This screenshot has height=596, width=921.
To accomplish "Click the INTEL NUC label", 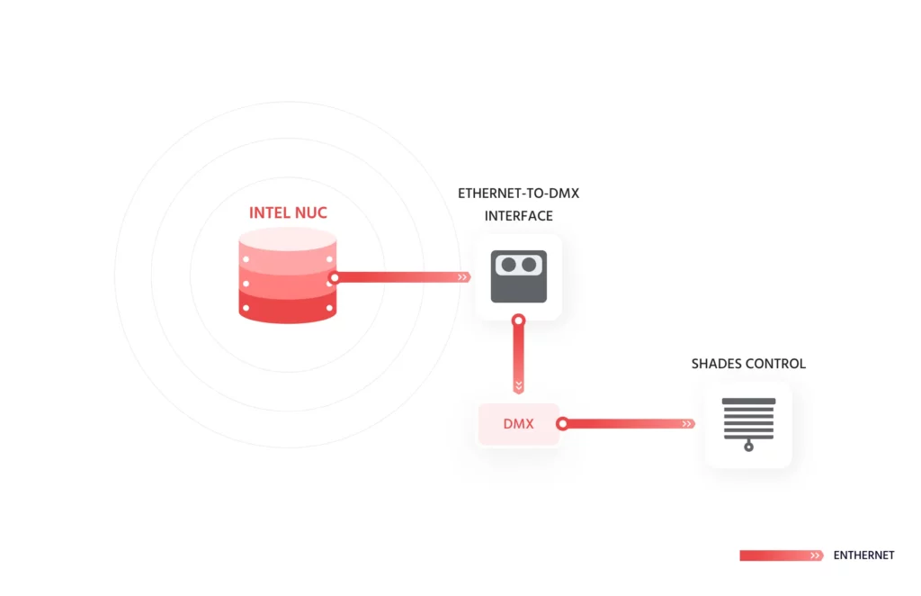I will point(288,213).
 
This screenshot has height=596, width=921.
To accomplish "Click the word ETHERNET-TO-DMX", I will point(518,194).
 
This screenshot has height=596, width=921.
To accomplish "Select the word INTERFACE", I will point(518,216).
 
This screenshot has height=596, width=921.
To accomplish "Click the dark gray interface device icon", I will point(518,275).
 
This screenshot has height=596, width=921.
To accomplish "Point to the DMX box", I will point(518,423).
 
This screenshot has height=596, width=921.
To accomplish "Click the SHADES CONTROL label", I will point(748,364).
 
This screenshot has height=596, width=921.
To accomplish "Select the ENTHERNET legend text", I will point(863,555).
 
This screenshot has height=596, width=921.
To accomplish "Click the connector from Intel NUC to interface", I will point(400,277).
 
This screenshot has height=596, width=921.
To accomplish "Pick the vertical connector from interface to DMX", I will point(518,356).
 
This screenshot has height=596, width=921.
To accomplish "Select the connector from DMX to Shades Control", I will point(630,423).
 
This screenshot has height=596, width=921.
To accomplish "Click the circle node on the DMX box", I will point(562,423).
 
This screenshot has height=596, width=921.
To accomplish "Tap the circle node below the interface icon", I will point(518,320).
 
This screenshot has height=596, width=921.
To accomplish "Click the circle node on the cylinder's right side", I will point(334,277).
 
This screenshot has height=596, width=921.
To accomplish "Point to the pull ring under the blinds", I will point(748,447).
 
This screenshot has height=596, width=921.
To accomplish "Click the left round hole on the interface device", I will point(508,265).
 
